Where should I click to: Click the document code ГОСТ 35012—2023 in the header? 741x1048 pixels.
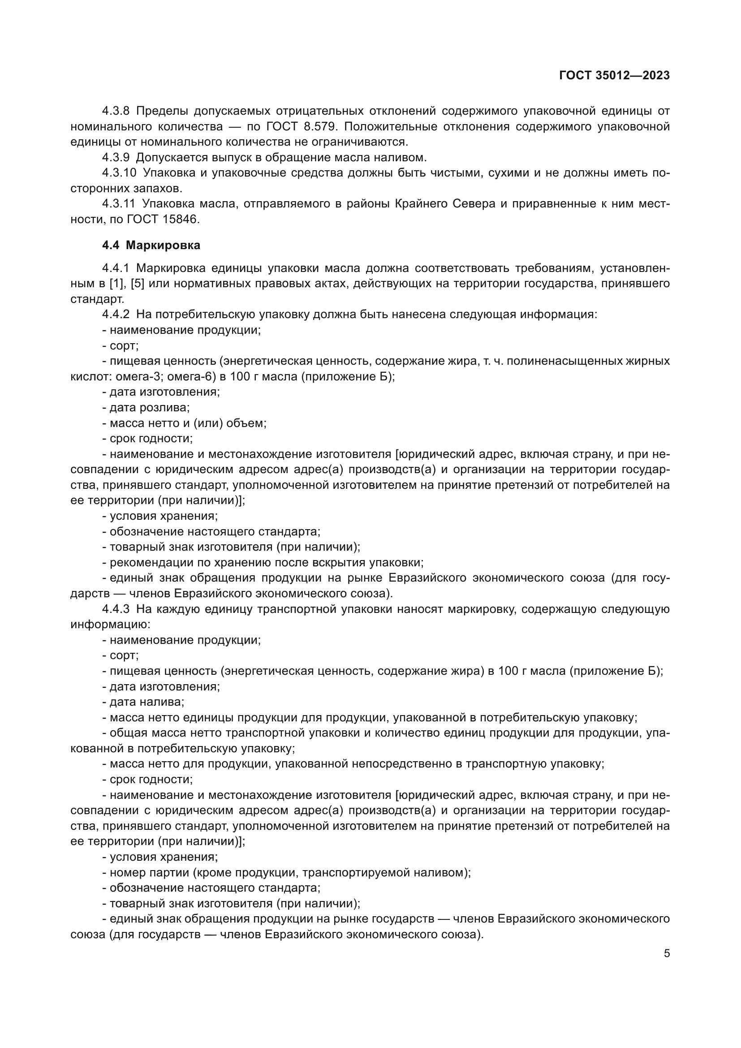click(614, 75)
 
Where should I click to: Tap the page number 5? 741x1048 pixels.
click(667, 953)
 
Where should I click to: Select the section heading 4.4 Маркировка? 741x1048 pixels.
click(151, 245)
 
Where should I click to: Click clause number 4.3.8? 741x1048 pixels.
click(116, 111)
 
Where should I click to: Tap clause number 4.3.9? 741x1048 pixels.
click(116, 157)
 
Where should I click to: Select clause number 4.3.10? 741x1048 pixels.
click(119, 173)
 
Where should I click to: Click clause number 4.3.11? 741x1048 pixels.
click(119, 203)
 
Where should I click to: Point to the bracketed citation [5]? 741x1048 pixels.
click(138, 284)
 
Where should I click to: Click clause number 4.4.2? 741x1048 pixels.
click(116, 315)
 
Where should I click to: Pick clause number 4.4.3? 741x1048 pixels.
click(116, 609)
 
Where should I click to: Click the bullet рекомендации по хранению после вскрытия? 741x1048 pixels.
click(266, 562)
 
